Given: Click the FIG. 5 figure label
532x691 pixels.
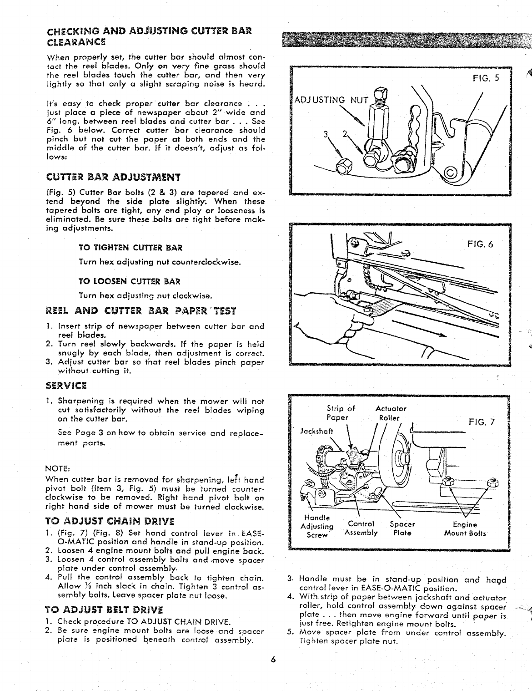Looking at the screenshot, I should tap(486, 77).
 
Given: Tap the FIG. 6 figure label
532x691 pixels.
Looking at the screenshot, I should tap(480, 244).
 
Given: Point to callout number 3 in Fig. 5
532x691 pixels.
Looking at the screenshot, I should tap(325, 135).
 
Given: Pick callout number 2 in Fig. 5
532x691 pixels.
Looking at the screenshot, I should tap(345, 135).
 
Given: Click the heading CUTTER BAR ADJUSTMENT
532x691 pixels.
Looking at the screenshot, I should tap(114, 177).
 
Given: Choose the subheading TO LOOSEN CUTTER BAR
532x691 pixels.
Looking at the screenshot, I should tap(130, 280).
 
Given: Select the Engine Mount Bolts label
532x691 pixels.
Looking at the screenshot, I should tap(465, 528).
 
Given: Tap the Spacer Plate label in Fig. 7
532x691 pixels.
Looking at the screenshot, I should tap(402, 528).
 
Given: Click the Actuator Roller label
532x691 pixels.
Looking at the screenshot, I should tap(391, 413).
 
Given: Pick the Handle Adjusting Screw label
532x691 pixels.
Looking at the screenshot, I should tap(316, 527).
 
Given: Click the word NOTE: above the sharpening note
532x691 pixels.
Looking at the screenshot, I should tap(57, 468).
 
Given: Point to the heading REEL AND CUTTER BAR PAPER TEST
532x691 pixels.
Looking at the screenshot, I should tap(141, 311).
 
